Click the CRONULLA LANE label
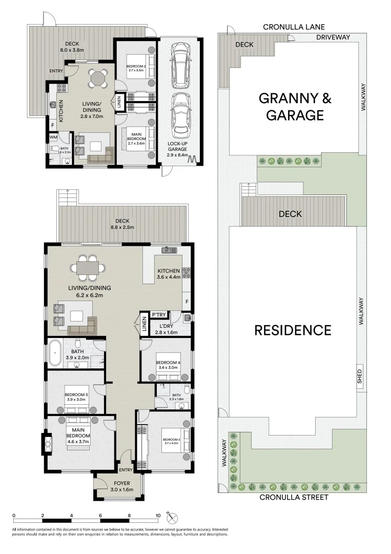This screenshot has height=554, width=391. (294, 27)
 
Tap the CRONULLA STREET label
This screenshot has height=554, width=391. (293, 497)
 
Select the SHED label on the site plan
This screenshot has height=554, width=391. (360, 377)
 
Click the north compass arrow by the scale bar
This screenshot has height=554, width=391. (171, 516)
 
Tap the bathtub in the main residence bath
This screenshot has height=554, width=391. (55, 354)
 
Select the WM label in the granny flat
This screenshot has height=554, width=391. (53, 137)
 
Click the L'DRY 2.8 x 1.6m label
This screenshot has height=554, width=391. (166, 329)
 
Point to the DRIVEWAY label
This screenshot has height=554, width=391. (333, 37)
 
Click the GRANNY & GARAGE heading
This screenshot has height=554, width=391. (291, 106)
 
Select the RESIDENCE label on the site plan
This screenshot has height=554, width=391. (293, 330)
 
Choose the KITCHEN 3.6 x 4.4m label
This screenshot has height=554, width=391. (169, 274)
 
